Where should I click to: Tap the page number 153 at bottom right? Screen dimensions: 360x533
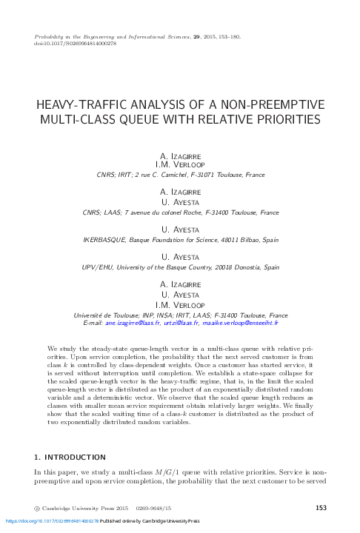[x=321, y=508]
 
